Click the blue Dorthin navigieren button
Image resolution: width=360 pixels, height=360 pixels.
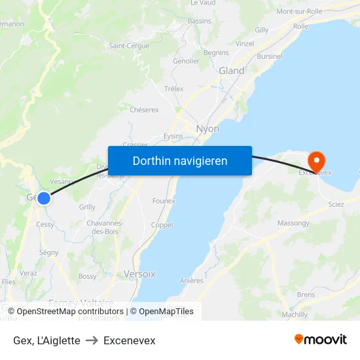click(180, 160)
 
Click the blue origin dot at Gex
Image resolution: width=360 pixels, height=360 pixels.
click(43, 198)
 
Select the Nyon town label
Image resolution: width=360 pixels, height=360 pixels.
click(207, 129)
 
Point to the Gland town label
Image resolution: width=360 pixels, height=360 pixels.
click(231, 71)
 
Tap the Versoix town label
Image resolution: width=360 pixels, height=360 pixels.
click(139, 274)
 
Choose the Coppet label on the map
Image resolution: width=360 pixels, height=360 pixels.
click(162, 225)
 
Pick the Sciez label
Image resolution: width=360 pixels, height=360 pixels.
click(336, 204)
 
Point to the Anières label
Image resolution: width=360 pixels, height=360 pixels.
click(191, 281)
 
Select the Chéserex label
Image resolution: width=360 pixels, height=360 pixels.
click(144, 110)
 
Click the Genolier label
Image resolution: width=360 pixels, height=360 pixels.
click(186, 61)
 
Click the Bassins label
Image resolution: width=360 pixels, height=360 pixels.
click(200, 21)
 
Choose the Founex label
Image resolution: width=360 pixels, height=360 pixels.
click(164, 201)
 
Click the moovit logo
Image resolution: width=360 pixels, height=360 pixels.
click(321, 340)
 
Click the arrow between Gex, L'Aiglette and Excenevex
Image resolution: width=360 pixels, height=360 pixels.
click(92, 341)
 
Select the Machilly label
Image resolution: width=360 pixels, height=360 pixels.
click(295, 314)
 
